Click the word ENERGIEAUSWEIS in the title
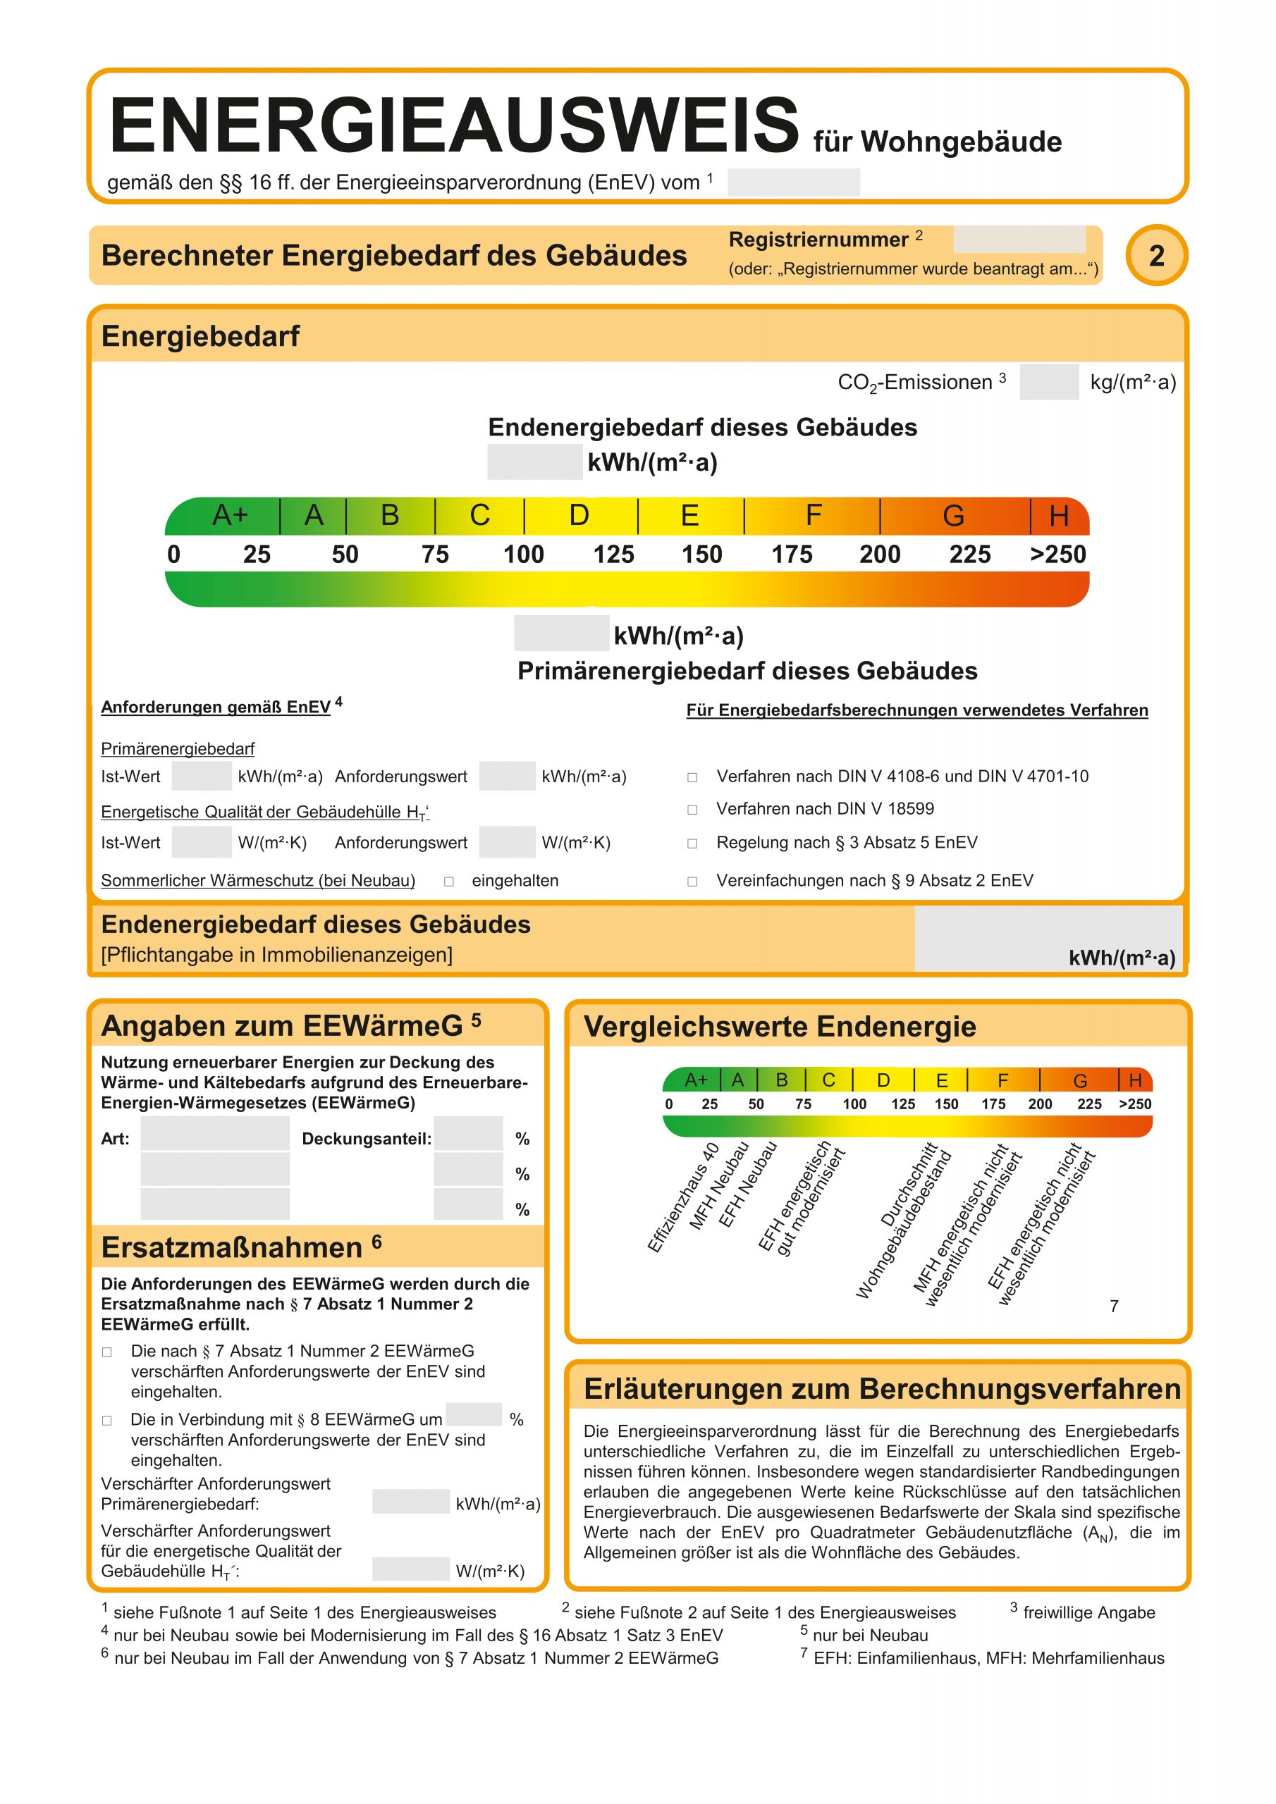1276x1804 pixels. [453, 125]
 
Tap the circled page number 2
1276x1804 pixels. [1155, 256]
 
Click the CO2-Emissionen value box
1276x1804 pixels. [1049, 383]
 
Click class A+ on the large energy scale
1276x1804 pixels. [231, 515]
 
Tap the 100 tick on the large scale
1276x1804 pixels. [524, 555]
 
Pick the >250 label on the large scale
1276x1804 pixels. [1057, 555]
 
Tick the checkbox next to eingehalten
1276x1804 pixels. [449, 882]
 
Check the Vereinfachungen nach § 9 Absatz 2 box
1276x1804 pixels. [692, 882]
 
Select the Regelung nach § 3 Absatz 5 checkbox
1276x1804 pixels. [692, 844]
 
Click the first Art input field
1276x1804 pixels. [214, 1134]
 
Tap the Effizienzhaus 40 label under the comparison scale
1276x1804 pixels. [682, 1198]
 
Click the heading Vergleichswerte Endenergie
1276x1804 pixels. [779, 1027]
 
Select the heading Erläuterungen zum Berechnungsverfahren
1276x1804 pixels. [881, 1389]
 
